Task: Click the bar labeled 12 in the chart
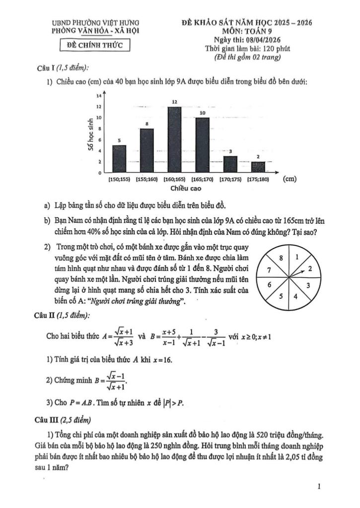[175, 139]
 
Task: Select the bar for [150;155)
[119, 159]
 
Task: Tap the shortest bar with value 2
[258, 167]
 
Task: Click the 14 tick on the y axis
[99, 95]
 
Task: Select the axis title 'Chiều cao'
[186, 189]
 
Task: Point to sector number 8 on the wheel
[282, 258]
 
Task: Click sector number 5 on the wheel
[281, 296]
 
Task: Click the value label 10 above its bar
[202, 114]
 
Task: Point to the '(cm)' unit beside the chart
[290, 180]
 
